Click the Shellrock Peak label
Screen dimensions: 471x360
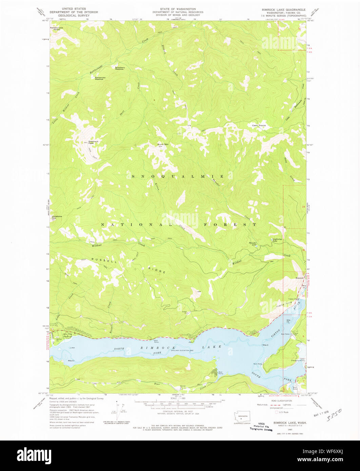[93, 142]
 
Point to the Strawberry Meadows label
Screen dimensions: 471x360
[120, 68]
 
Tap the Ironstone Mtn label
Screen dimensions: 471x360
[56, 217]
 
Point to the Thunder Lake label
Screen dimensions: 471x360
[253, 244]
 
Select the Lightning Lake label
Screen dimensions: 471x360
[277, 240]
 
